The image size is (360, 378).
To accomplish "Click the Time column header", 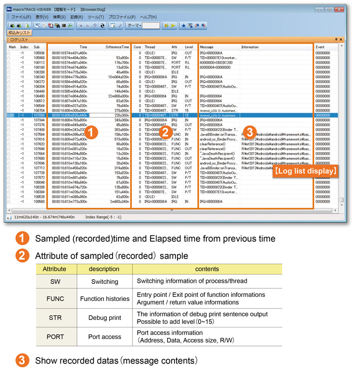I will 83,47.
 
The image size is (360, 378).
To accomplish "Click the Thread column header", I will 149,47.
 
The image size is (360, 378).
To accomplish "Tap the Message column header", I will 206,47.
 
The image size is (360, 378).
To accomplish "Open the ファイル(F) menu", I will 21,17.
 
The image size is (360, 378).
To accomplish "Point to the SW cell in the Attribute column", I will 55,281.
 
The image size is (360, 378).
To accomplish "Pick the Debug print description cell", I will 104,318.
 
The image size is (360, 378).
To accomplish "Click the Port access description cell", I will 104,336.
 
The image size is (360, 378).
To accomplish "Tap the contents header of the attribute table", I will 195,269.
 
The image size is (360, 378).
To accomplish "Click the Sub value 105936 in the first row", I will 39,53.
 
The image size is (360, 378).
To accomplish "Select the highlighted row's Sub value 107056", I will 39,115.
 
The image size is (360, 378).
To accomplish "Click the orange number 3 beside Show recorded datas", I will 21,360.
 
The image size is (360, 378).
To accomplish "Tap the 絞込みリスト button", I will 19,32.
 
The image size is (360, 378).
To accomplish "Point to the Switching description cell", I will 104,281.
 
